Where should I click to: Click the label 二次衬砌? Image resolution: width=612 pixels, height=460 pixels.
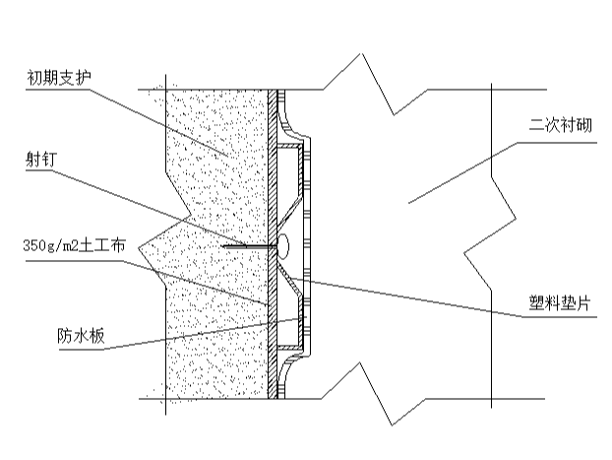[559, 126]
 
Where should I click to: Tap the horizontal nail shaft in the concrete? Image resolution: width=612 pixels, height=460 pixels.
[246, 246]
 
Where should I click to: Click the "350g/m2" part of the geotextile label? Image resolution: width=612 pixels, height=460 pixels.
[46, 245]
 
